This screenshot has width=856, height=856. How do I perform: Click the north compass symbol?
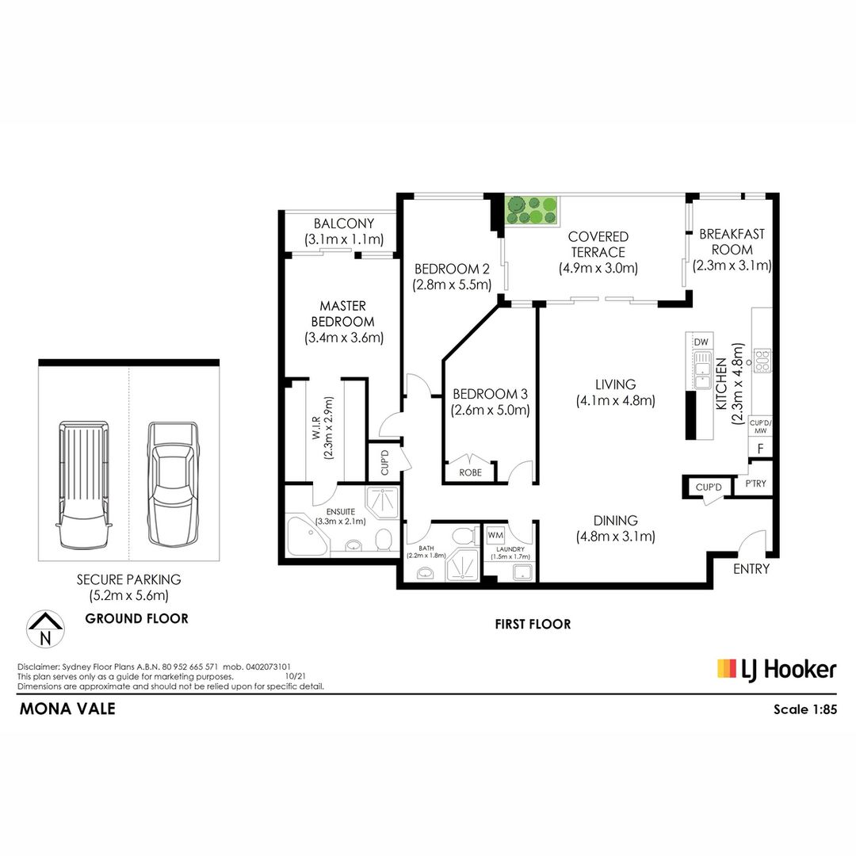point(45,629)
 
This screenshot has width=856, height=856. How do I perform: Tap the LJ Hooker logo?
point(776,670)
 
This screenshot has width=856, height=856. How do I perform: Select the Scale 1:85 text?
point(804,709)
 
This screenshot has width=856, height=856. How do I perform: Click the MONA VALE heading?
point(67,709)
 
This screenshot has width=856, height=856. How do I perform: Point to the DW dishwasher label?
point(701,342)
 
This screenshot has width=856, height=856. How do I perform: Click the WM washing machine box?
point(495,535)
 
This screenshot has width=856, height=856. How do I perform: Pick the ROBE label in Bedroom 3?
point(470,472)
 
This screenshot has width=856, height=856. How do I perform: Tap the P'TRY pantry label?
point(755,483)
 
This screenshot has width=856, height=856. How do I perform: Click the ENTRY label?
point(751,569)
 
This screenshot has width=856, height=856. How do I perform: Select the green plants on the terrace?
point(531,210)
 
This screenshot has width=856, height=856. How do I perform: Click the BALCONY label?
point(344,224)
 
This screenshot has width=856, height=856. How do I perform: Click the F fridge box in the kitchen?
point(760,449)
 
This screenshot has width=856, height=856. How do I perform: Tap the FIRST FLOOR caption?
point(533,624)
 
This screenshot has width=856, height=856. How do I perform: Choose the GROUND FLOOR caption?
point(136,618)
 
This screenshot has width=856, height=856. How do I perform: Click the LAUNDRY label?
point(510,549)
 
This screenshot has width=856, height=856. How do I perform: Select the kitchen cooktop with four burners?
point(762,361)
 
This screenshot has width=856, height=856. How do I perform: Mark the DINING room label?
point(615,520)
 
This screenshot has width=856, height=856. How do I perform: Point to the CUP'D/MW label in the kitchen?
point(760,427)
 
